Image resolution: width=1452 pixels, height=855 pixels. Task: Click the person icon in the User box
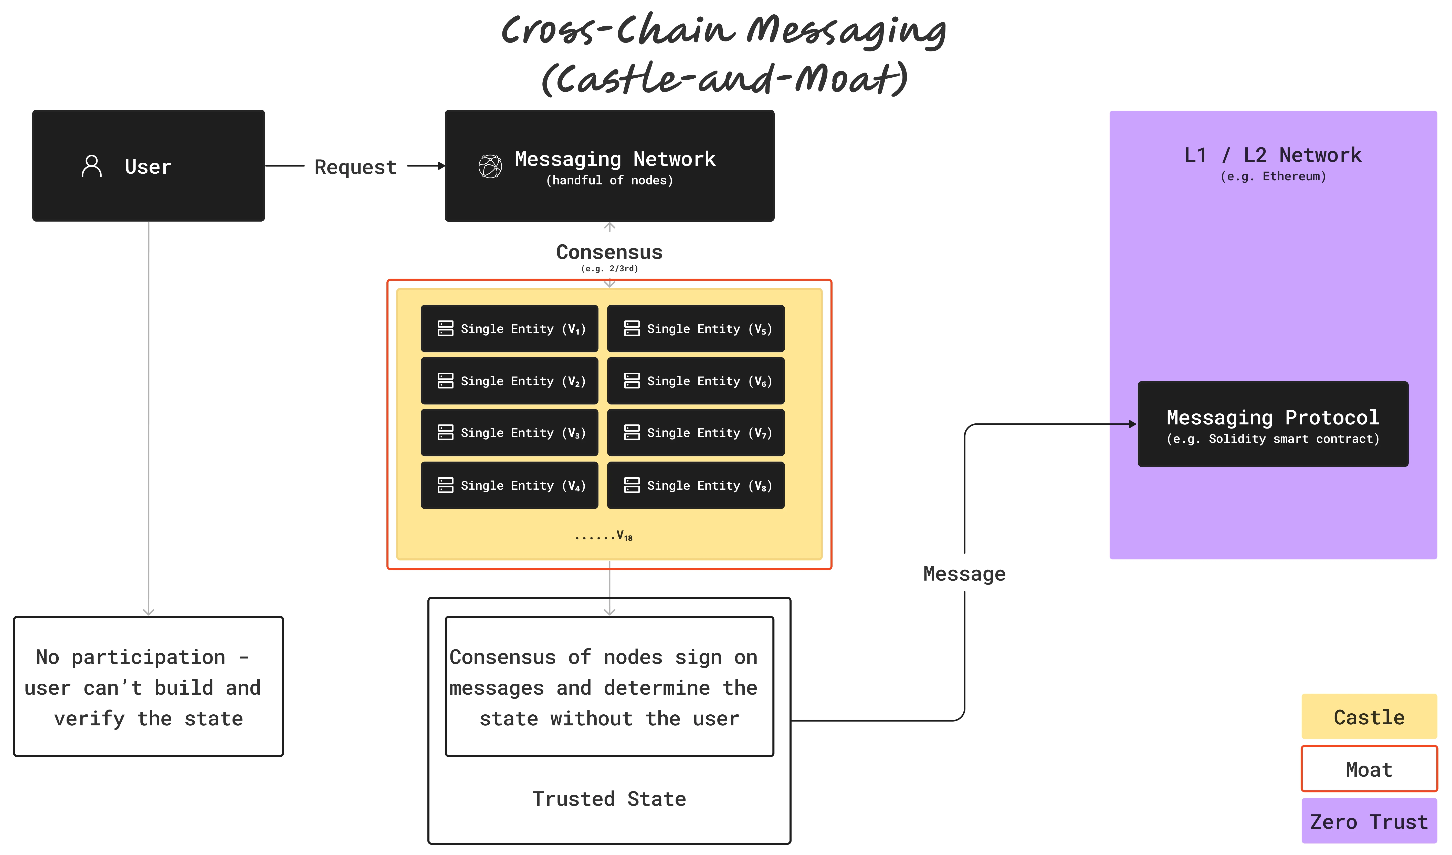pos(92,166)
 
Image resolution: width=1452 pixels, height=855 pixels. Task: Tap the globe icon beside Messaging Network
pos(490,166)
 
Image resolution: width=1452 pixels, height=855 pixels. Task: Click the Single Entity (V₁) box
pos(509,328)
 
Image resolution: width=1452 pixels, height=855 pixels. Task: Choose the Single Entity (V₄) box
pos(509,485)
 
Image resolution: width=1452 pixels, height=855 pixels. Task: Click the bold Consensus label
pos(609,252)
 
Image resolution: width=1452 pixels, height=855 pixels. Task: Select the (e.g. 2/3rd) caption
pos(609,268)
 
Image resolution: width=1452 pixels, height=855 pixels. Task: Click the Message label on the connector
pos(964,574)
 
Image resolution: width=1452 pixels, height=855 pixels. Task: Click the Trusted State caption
pos(609,799)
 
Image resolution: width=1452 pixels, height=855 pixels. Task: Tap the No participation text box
pos(148,687)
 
